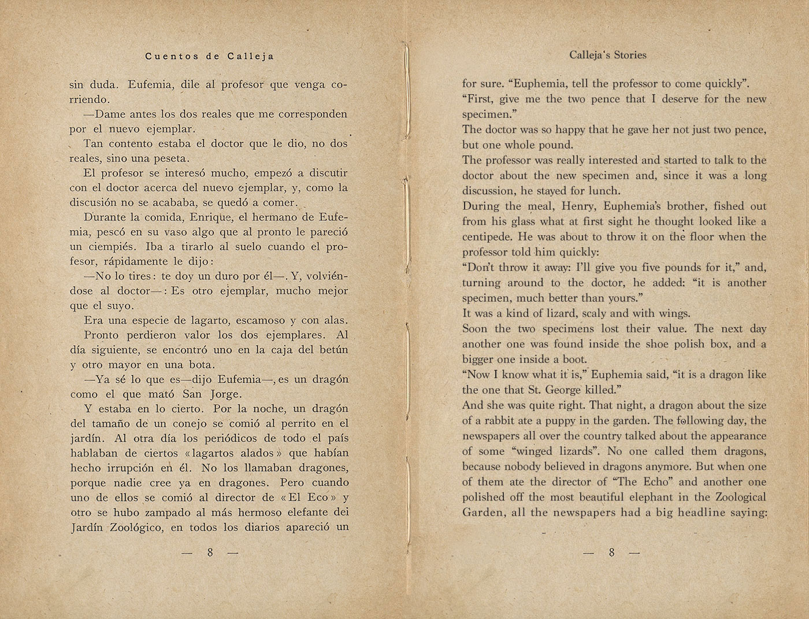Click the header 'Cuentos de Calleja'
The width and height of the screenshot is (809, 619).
(x=210, y=56)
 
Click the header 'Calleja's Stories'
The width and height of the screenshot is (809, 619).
(x=607, y=55)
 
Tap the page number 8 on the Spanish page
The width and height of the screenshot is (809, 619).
(x=210, y=553)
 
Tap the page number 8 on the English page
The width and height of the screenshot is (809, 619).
(x=611, y=553)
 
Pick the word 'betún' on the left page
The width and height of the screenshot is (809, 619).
(x=333, y=350)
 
